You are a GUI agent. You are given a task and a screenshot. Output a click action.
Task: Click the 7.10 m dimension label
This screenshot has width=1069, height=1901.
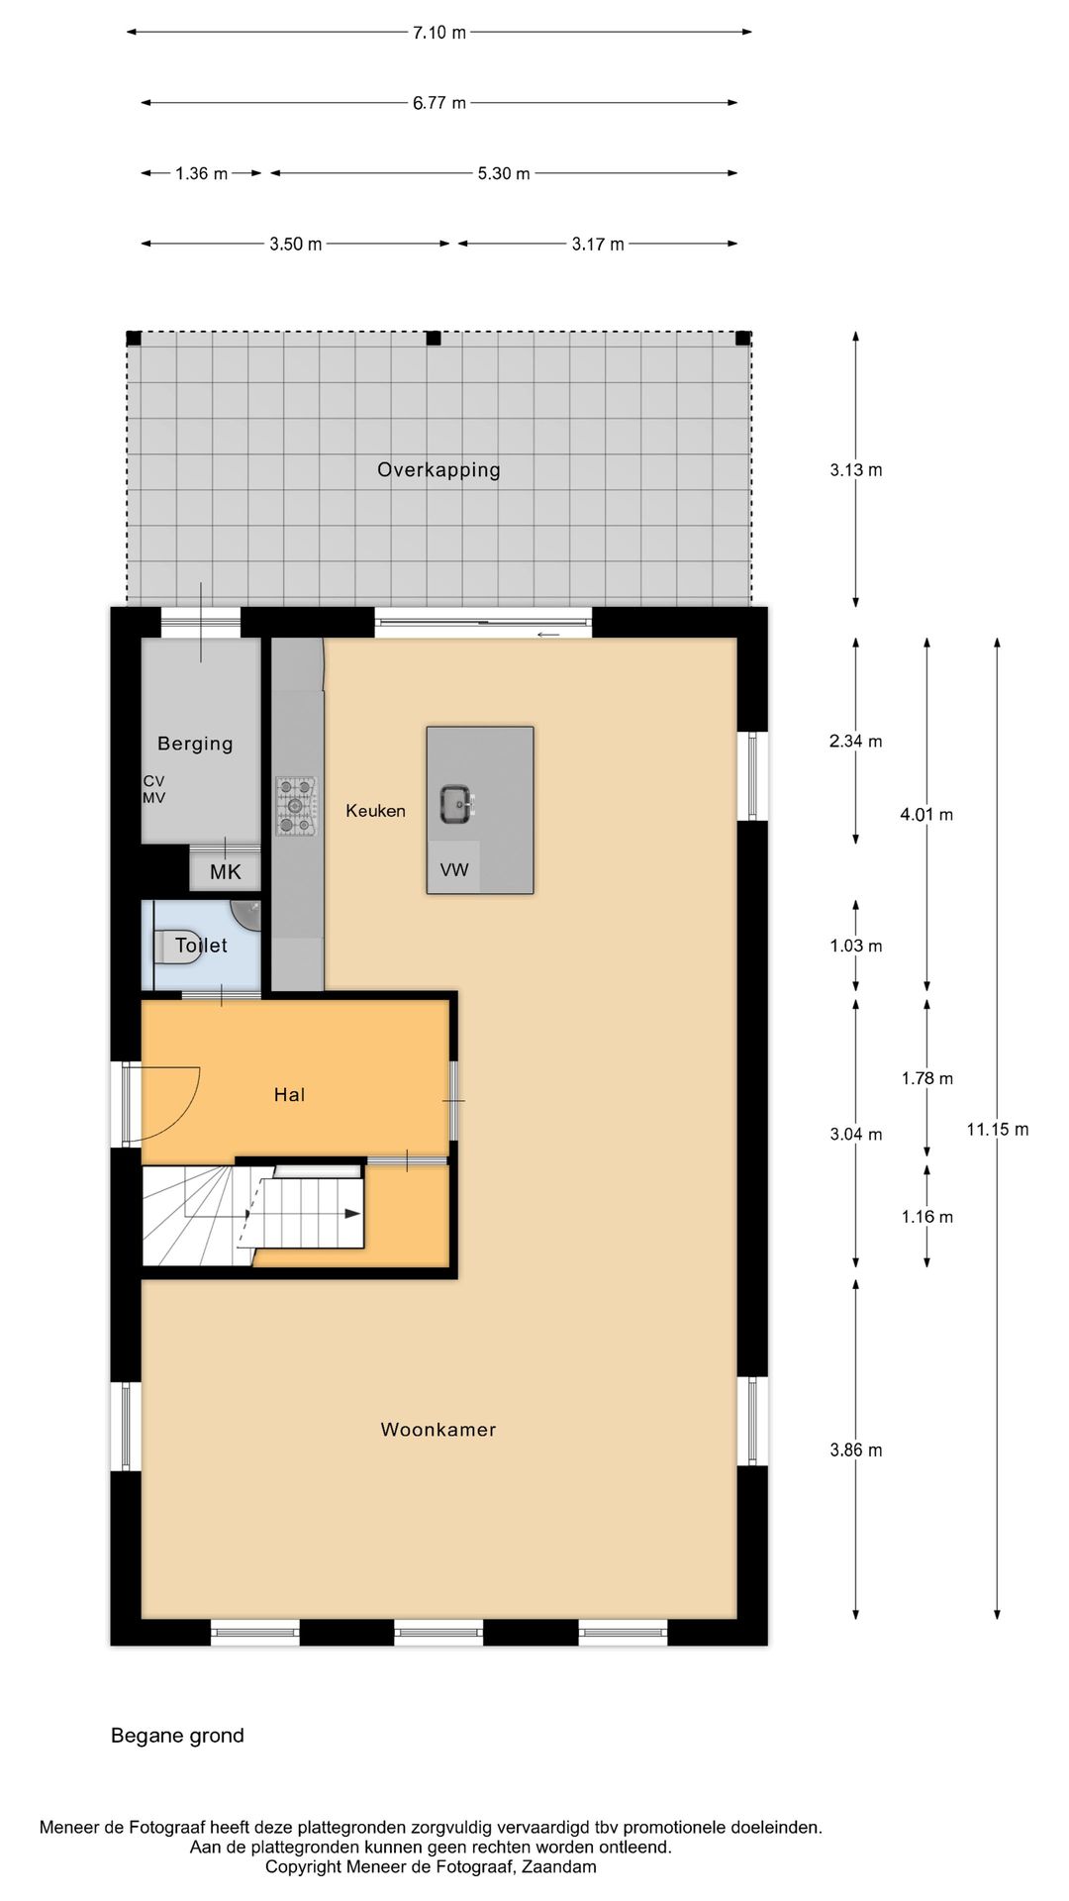pos(438,33)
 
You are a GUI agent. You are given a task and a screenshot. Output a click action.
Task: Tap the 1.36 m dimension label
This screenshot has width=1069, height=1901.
pos(201,173)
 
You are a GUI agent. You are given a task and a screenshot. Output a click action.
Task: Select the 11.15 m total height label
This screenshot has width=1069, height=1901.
pos(997,1129)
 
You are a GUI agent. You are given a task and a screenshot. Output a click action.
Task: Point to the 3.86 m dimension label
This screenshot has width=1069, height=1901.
pos(855,1450)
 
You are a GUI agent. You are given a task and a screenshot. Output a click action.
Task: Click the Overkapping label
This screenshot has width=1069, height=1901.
pos(438,469)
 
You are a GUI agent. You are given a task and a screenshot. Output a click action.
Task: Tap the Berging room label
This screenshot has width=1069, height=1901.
pos(195,744)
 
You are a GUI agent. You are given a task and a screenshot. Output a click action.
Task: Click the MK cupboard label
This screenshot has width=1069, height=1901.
pos(225,872)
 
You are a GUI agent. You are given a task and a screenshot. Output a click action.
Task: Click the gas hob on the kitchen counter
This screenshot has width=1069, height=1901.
pos(295,806)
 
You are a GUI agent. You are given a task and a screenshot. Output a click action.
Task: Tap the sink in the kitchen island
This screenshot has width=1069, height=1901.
pos(456,803)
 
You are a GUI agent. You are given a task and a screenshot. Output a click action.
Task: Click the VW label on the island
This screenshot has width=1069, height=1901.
pos(454,870)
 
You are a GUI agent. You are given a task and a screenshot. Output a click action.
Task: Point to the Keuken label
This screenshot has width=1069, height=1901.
pos(375,811)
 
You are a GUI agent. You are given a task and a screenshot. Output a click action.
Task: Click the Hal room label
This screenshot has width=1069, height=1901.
pos(289,1094)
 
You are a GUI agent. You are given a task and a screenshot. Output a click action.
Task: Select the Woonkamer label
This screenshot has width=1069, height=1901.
pos(437,1429)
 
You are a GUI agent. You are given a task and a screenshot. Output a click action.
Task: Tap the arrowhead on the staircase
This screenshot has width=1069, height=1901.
pos(352,1213)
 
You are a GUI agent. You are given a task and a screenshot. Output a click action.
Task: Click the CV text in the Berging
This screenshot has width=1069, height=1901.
pos(153,781)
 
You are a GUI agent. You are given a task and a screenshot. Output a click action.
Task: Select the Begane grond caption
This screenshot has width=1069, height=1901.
pos(177,1735)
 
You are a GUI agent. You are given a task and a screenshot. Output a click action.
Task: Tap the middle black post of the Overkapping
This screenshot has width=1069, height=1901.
pos(433,339)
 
